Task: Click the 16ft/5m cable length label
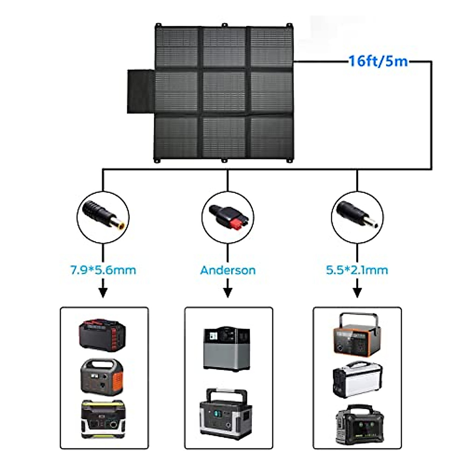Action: tap(378, 61)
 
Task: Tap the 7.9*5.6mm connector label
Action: tap(103, 270)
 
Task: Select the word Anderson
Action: tap(228, 270)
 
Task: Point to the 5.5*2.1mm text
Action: tap(357, 270)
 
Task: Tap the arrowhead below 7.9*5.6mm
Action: tap(103, 294)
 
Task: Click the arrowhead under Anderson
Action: tap(228, 294)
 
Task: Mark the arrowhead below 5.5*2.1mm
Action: tap(357, 294)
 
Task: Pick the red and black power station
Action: tap(103, 334)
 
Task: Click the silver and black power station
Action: tap(357, 380)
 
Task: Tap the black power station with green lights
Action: tap(360, 424)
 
